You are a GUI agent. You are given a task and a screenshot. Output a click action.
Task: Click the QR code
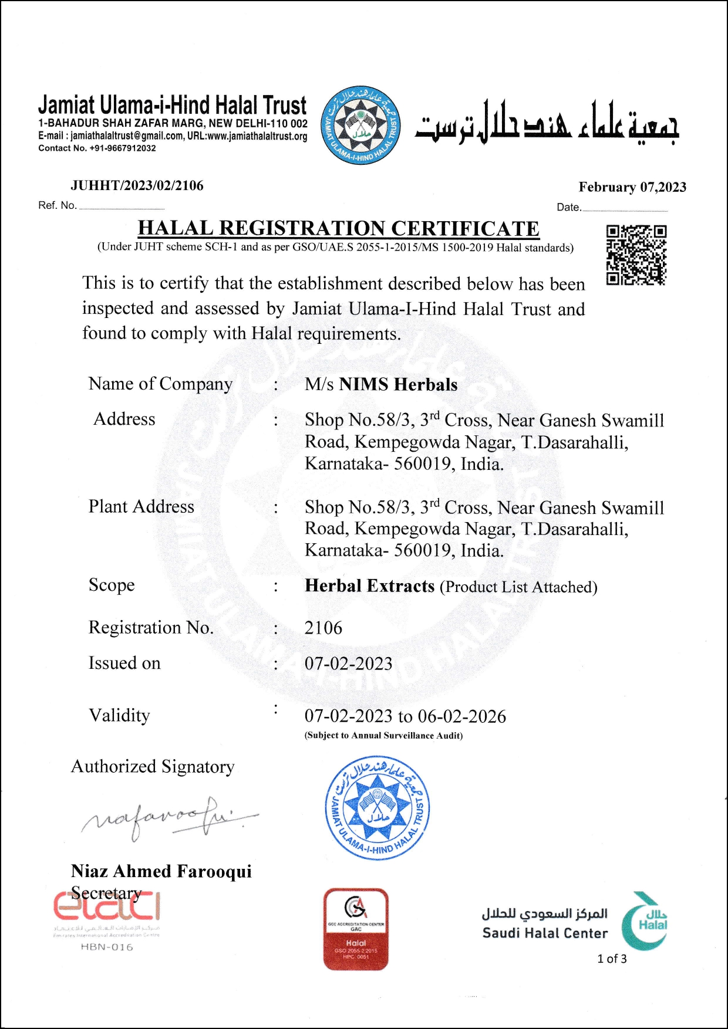(636, 255)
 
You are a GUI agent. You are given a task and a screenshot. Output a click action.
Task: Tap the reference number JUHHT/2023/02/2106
(137, 186)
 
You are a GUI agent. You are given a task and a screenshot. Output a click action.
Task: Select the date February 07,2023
(632, 187)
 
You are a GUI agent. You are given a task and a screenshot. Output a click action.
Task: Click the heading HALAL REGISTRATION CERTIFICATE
(338, 228)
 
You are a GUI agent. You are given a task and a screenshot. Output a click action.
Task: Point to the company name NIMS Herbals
(398, 385)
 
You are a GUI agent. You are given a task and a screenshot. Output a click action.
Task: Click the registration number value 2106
(323, 628)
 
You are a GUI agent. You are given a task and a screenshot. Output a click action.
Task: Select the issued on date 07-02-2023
(348, 664)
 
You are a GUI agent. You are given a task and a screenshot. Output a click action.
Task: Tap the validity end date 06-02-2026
(462, 716)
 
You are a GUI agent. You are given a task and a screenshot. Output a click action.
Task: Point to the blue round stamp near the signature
(378, 808)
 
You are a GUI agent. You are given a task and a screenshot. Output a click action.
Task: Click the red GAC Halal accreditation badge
(356, 929)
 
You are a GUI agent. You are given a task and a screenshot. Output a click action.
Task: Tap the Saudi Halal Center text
(545, 933)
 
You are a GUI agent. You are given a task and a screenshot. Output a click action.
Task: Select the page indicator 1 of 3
(612, 959)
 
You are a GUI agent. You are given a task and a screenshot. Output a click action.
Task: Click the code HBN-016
(107, 947)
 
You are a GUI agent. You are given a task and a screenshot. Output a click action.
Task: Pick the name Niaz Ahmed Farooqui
(161, 871)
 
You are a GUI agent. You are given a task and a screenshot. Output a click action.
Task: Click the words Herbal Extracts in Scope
(369, 586)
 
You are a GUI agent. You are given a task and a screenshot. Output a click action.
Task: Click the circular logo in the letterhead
(360, 126)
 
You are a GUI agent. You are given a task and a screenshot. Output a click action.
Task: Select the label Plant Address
(141, 506)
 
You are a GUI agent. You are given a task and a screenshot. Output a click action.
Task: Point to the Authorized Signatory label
(153, 766)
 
